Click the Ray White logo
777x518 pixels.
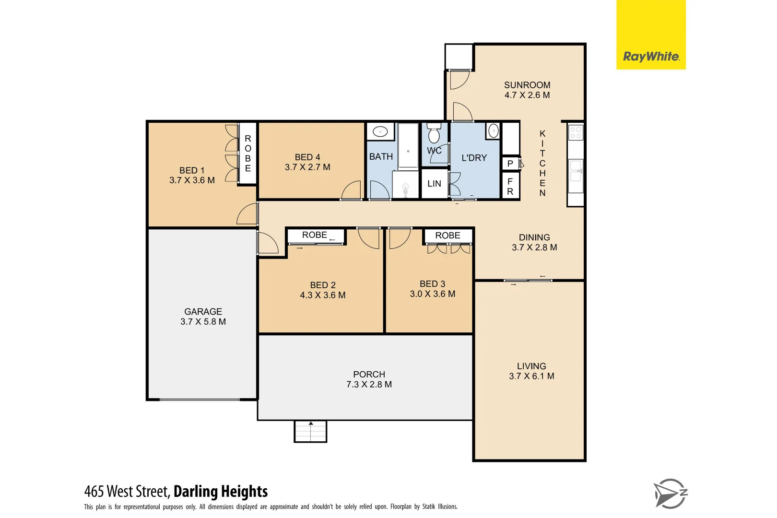[650, 57]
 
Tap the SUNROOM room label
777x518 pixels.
[527, 85]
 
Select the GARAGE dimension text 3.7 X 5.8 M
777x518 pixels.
[203, 322]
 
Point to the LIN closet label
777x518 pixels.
[434, 184]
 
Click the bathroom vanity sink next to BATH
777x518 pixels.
[380, 131]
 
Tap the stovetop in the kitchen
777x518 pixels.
[576, 132]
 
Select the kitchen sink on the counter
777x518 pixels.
[576, 170]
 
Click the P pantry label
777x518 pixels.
[510, 164]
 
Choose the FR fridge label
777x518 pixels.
[510, 186]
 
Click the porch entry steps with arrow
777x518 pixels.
[310, 431]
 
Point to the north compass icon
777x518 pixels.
[670, 494]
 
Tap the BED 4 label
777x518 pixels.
[307, 157]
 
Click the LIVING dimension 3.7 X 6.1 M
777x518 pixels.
[531, 377]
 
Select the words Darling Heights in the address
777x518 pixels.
[220, 492]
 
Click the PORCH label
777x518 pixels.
[369, 374]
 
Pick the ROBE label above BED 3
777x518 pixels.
[447, 235]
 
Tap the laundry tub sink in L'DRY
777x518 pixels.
[493, 130]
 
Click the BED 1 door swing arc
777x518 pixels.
[247, 214]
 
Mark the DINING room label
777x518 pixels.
[534, 237]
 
